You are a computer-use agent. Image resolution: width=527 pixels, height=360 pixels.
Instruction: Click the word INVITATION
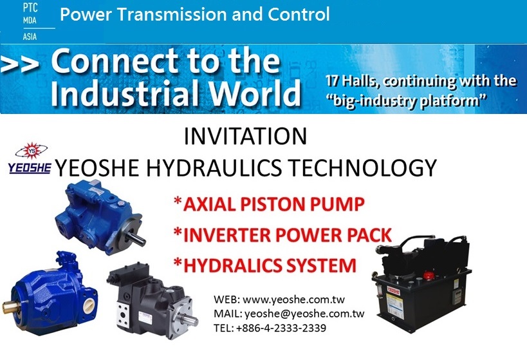pos(245,137)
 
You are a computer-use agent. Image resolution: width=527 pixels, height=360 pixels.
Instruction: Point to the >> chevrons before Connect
pos(19,64)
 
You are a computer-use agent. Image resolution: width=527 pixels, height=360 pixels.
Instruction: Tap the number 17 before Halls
pos(331,81)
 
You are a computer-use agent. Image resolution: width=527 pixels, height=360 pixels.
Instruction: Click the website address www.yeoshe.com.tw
pos(294,299)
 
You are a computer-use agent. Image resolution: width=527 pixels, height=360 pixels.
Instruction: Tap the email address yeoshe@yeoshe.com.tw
pos(304,314)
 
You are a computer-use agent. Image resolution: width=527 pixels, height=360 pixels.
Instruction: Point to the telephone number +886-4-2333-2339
pos(281,328)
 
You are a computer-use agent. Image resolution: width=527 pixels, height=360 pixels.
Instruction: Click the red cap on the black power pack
pos(429,276)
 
